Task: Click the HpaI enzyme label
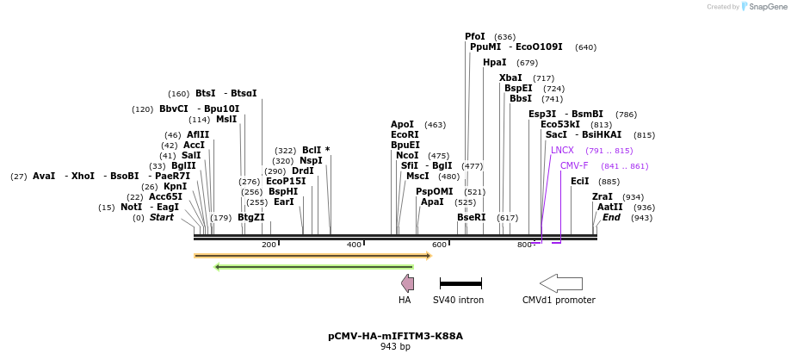coord(494,63)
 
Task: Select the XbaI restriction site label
coord(510,78)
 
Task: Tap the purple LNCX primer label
coord(562,150)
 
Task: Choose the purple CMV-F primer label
coord(574,165)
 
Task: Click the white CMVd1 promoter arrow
coord(561,283)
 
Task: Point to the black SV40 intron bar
coord(460,283)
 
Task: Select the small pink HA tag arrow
coord(407,283)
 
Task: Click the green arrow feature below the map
coord(314,267)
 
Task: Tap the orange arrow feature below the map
coord(312,256)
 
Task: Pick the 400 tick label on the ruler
coord(354,245)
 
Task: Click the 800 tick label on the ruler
coord(524,245)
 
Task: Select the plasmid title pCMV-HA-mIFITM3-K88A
coord(395,336)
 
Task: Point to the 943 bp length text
coord(395,347)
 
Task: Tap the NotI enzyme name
coord(132,207)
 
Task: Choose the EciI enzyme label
coord(580,181)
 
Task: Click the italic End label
coord(611,217)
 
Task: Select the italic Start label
coord(161,217)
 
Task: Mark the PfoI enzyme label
coord(475,37)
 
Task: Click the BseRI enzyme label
coord(471,217)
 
